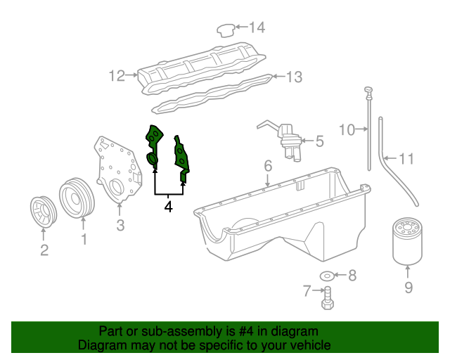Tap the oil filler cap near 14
point(224,29)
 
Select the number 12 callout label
point(116,75)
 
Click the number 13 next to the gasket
point(293,76)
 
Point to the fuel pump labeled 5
point(288,139)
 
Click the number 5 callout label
point(319,141)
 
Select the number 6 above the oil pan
point(267,166)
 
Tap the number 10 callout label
point(347,129)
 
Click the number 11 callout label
point(407,160)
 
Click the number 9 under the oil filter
point(408,287)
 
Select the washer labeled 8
point(328,275)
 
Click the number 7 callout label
point(307,290)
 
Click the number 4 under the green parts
point(168,207)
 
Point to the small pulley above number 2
point(44,213)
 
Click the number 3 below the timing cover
point(120,225)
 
